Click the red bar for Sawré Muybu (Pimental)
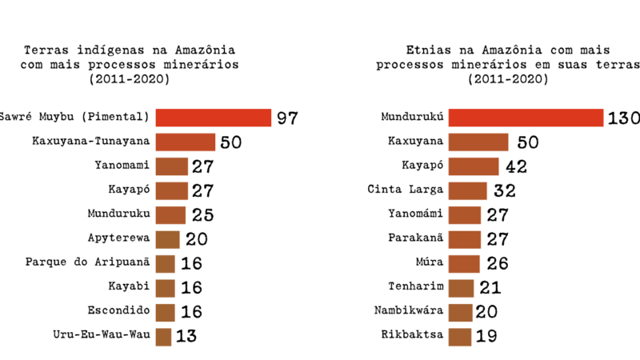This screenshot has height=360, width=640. coord(213,118)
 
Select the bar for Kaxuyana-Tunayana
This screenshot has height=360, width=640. coord(185,142)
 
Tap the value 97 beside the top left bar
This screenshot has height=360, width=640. coord(287,118)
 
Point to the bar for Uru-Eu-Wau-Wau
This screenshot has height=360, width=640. coord(163,336)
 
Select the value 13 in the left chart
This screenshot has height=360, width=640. coord(186,336)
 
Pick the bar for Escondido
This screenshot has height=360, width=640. coord(165,311)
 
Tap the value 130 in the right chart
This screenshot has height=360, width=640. coord(623,118)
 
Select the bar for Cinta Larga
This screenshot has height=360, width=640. coord(467,190)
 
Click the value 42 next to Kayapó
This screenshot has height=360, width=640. coord(516,166)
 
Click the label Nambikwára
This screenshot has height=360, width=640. coord(405,310)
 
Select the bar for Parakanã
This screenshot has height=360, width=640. coord(465,238)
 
